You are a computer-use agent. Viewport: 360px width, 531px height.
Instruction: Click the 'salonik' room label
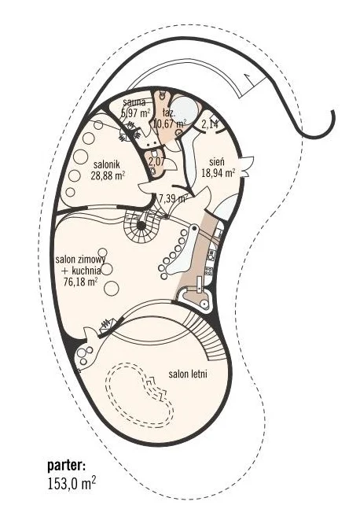coord(107,165)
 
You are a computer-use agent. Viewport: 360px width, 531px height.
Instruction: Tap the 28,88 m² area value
coord(108,175)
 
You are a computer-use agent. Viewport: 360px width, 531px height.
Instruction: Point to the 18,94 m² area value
coord(219,173)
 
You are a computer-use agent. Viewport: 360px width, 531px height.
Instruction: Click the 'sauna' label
coord(134,101)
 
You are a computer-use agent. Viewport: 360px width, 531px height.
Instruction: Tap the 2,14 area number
coord(211,124)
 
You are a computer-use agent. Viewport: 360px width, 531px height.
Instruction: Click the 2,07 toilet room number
coord(157,161)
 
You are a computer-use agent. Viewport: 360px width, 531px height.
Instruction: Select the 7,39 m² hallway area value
coord(173,198)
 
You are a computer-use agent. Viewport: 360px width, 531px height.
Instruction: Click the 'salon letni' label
coord(188,374)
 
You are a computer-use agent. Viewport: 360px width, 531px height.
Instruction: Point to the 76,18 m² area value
coord(81,282)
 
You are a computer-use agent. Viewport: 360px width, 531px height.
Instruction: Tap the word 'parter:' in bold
coord(67,466)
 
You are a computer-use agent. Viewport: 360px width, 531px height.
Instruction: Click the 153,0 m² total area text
coord(72,483)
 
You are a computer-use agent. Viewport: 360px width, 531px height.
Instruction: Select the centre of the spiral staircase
coord(141,225)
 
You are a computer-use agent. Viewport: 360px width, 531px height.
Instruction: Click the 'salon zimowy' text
coord(80,260)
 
